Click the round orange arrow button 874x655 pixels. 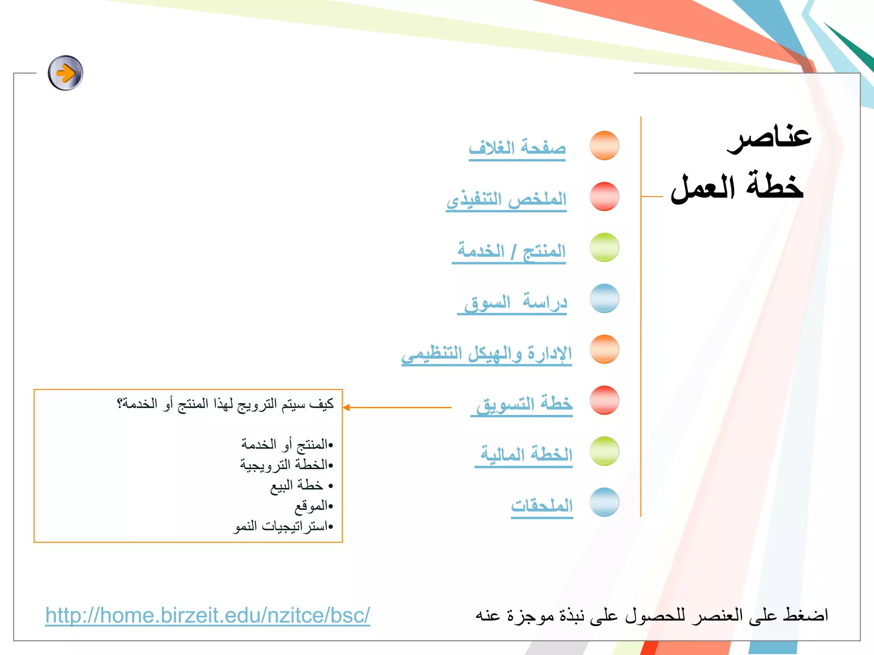(65, 73)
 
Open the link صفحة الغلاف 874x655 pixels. (517, 148)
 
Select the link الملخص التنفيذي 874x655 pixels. (507, 199)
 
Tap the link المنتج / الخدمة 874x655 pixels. (510, 251)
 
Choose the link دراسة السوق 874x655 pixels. (515, 302)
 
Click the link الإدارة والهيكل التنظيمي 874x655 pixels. (487, 354)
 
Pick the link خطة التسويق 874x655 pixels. (524, 404)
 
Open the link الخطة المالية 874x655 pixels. (526, 454)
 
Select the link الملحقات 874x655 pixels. (542, 506)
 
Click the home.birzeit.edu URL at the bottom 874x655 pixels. (208, 615)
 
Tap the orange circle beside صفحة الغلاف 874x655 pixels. (604, 145)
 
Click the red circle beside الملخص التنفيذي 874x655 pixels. (604, 196)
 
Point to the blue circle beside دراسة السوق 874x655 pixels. (604, 298)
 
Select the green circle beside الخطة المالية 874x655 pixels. (604, 451)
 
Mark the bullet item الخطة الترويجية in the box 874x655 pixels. (284, 464)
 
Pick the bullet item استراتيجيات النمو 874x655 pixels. (281, 526)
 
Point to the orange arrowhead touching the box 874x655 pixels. (347, 408)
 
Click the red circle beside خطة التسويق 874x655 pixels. (604, 400)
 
